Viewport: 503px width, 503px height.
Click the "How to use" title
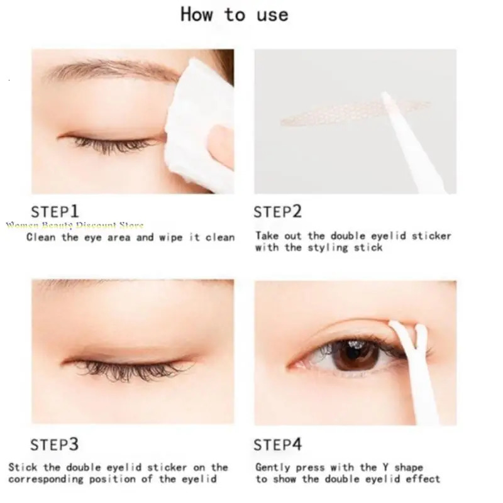[x=235, y=15]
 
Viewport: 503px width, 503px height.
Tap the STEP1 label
[x=55, y=211]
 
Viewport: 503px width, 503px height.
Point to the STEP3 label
[x=55, y=445]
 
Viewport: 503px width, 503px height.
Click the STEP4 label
[x=278, y=445]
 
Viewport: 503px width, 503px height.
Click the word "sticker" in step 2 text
[x=432, y=236]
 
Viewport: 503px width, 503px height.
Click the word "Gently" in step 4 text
[x=272, y=467]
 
